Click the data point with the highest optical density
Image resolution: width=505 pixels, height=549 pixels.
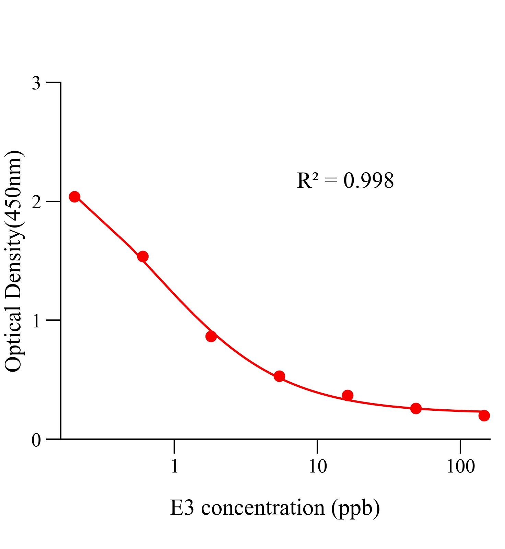[x=74, y=197]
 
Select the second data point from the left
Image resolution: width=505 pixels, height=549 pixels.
[x=143, y=256]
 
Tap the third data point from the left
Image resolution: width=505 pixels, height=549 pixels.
[x=211, y=336]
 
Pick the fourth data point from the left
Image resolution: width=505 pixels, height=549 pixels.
[x=279, y=376]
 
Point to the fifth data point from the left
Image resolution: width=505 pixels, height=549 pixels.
[x=348, y=395]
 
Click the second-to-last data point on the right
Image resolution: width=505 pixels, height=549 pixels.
[x=416, y=408]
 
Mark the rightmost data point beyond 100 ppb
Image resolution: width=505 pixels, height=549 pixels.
[x=484, y=416]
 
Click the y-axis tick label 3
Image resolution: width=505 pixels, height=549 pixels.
[x=36, y=83]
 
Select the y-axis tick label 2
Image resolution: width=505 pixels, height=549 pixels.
[x=36, y=202]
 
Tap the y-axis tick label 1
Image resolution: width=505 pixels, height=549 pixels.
[x=36, y=321]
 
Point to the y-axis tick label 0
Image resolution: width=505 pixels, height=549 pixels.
[x=36, y=440]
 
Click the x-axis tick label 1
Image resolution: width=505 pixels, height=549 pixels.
[x=175, y=466]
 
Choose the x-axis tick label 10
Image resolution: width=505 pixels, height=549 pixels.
[x=318, y=466]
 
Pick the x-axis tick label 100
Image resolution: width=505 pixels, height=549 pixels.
[x=460, y=466]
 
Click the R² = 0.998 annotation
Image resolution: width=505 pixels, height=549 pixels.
[x=345, y=180]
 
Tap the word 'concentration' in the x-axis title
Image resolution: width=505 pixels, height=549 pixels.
[x=263, y=508]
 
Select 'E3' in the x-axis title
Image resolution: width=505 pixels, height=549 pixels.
[x=183, y=508]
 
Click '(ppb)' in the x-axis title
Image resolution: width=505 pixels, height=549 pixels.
[x=355, y=509]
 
